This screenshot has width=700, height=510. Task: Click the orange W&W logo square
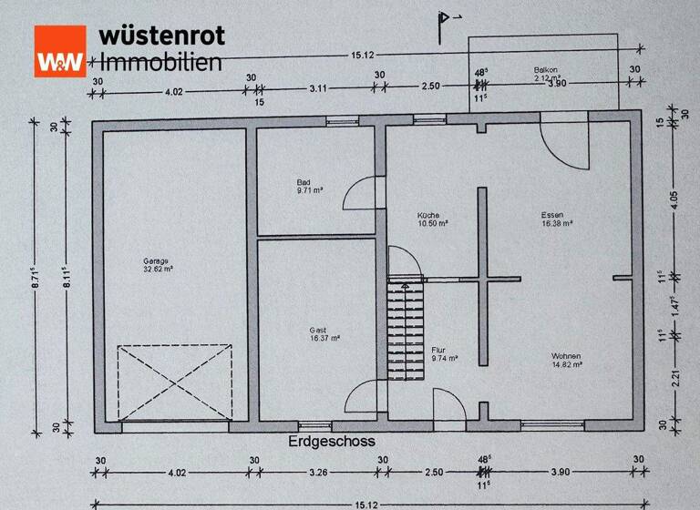[x=60, y=50]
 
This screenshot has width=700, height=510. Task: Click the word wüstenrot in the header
[x=161, y=36]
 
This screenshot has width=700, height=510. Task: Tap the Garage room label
[x=156, y=260]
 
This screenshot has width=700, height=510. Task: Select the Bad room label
[x=304, y=181]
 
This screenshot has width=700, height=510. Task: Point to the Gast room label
[x=319, y=330]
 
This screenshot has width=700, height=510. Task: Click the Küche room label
[x=429, y=213]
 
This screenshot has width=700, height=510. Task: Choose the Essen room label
[x=551, y=214]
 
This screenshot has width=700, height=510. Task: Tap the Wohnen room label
[x=566, y=355]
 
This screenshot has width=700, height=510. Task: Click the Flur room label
[x=439, y=349]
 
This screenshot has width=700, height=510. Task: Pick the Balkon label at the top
[x=546, y=69]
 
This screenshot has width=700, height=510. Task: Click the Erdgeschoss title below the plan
[x=331, y=441]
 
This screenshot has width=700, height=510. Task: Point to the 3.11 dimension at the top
[x=318, y=89]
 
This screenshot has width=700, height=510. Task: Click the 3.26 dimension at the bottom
[x=318, y=473]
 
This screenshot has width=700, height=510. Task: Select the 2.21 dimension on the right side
[x=674, y=376]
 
